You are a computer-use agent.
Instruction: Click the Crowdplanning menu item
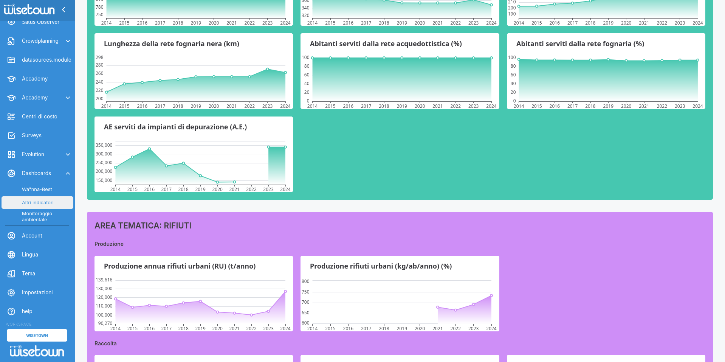point(40,41)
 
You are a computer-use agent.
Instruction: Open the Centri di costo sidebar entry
point(39,117)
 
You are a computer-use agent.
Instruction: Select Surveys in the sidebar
point(32,135)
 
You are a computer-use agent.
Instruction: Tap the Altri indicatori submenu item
point(38,203)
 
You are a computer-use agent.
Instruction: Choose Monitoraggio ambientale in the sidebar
point(37,216)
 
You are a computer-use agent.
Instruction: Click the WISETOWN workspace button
point(37,336)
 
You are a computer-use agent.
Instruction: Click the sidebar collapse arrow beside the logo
point(64,10)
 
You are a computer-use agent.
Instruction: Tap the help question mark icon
point(11,311)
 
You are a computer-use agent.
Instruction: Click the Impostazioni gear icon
point(11,292)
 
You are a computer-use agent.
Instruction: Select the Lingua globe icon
point(11,255)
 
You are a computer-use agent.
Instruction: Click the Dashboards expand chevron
point(68,173)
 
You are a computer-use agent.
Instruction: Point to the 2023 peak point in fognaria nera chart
point(268,69)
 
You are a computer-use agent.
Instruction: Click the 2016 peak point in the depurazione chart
point(149,149)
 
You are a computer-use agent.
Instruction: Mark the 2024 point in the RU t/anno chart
point(285,292)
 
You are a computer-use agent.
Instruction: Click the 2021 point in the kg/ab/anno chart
point(438,307)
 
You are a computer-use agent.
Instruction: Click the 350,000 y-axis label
point(104,145)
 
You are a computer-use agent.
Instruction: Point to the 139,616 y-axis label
point(104,280)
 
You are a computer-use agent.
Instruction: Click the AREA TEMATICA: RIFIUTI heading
point(143,226)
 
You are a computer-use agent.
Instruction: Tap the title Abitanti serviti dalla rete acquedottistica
point(386,44)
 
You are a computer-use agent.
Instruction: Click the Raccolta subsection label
point(105,343)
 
